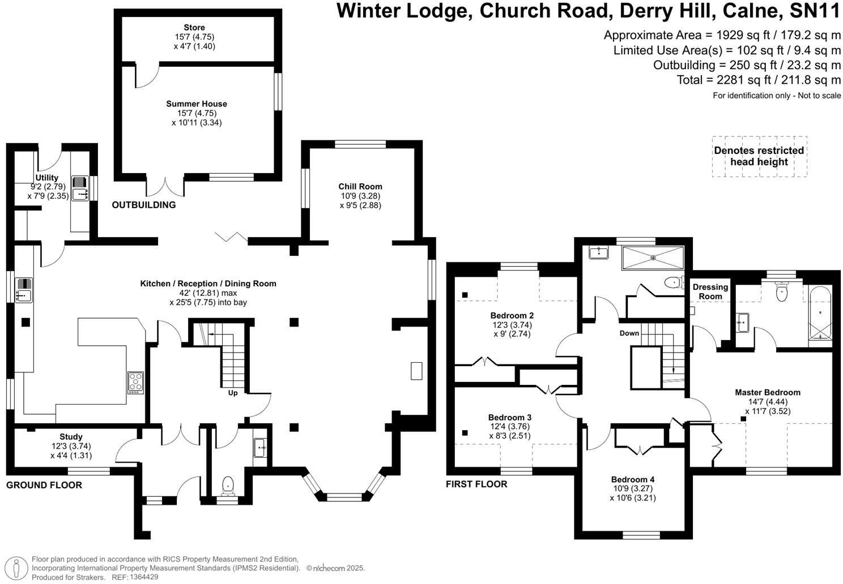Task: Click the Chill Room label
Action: (x=360, y=186)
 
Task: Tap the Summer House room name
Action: (x=197, y=104)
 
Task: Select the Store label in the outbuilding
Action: (x=194, y=27)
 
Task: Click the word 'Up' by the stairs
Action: (x=232, y=393)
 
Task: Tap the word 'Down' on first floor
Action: (x=629, y=333)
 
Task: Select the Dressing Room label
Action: (x=710, y=291)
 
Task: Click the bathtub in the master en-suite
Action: (x=820, y=313)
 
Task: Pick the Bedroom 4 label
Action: (x=633, y=479)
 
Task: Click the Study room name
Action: (x=71, y=436)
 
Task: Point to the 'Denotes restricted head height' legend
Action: (x=759, y=156)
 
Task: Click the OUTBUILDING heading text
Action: (x=144, y=205)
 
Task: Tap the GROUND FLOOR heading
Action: (x=44, y=485)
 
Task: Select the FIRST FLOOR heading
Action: (x=476, y=484)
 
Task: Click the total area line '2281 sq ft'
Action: (x=759, y=80)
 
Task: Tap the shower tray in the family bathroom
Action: (x=653, y=258)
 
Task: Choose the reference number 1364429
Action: (x=143, y=577)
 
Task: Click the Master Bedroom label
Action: (x=768, y=392)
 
